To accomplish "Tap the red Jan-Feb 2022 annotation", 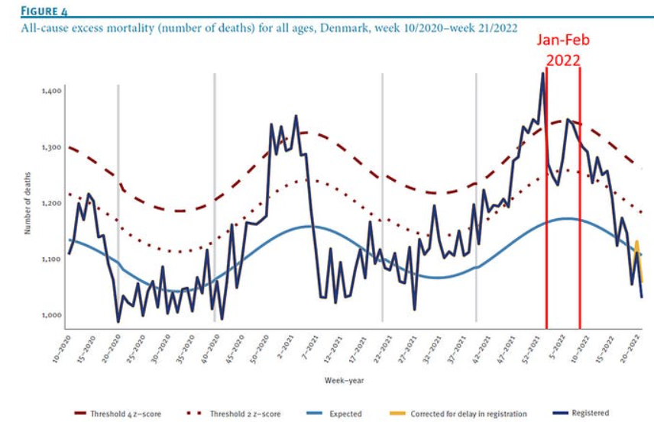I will point(563,49).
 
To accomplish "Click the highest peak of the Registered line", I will point(542,74).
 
